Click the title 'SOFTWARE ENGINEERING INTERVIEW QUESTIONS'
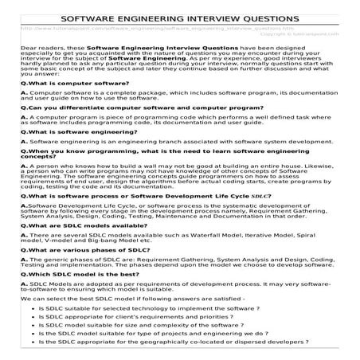click(180, 17)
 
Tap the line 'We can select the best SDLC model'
click(127, 295)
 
